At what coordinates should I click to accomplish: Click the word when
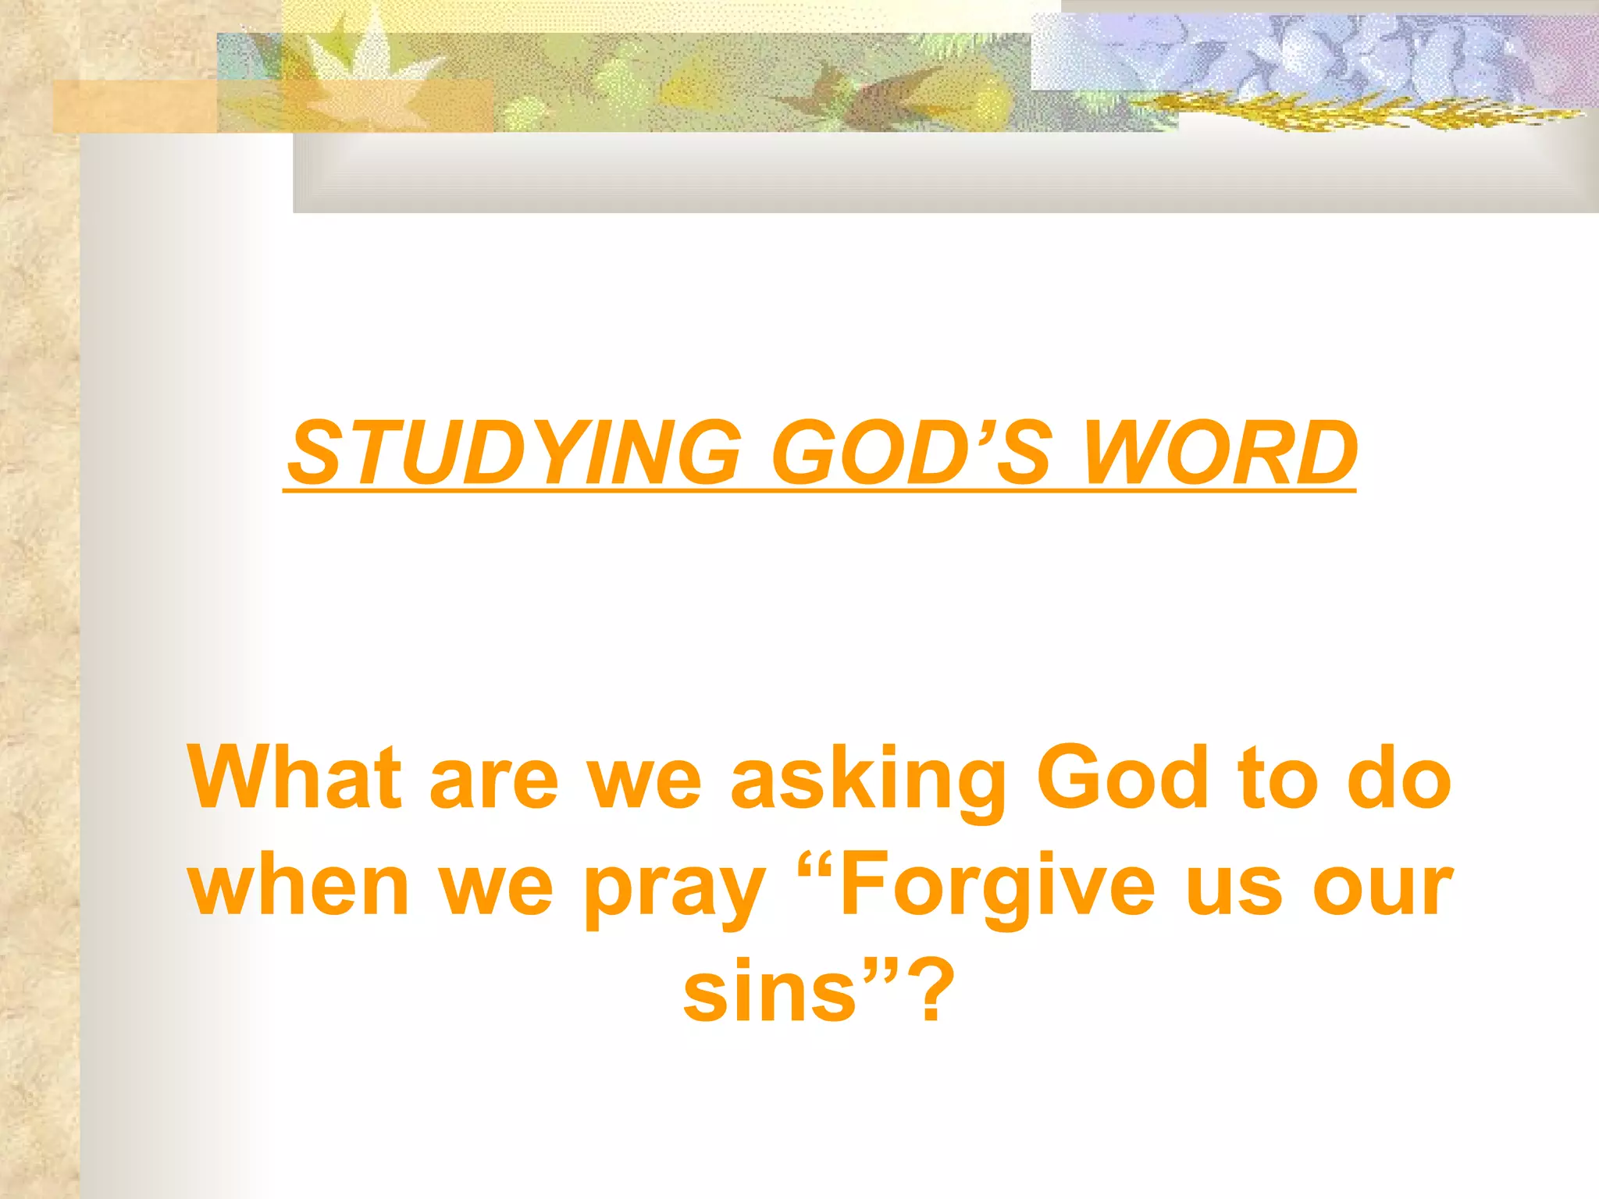[x=298, y=886]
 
